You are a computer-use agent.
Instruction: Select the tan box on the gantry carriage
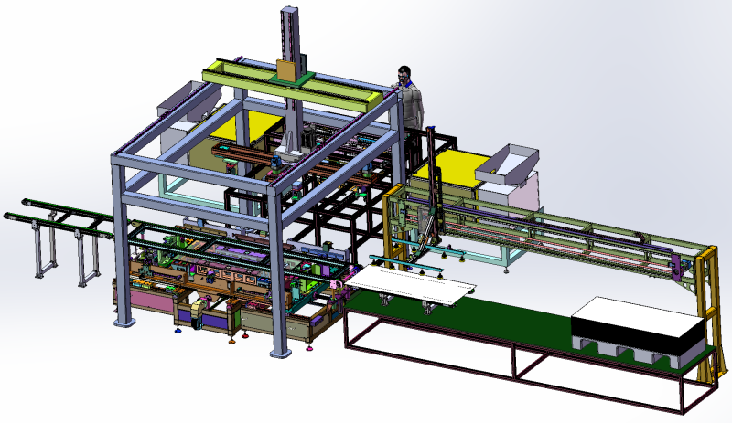pyautogui.click(x=287, y=70)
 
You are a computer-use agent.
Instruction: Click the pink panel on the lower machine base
pyautogui.click(x=146, y=296)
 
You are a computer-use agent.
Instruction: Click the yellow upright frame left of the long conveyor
pyautogui.click(x=395, y=219)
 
